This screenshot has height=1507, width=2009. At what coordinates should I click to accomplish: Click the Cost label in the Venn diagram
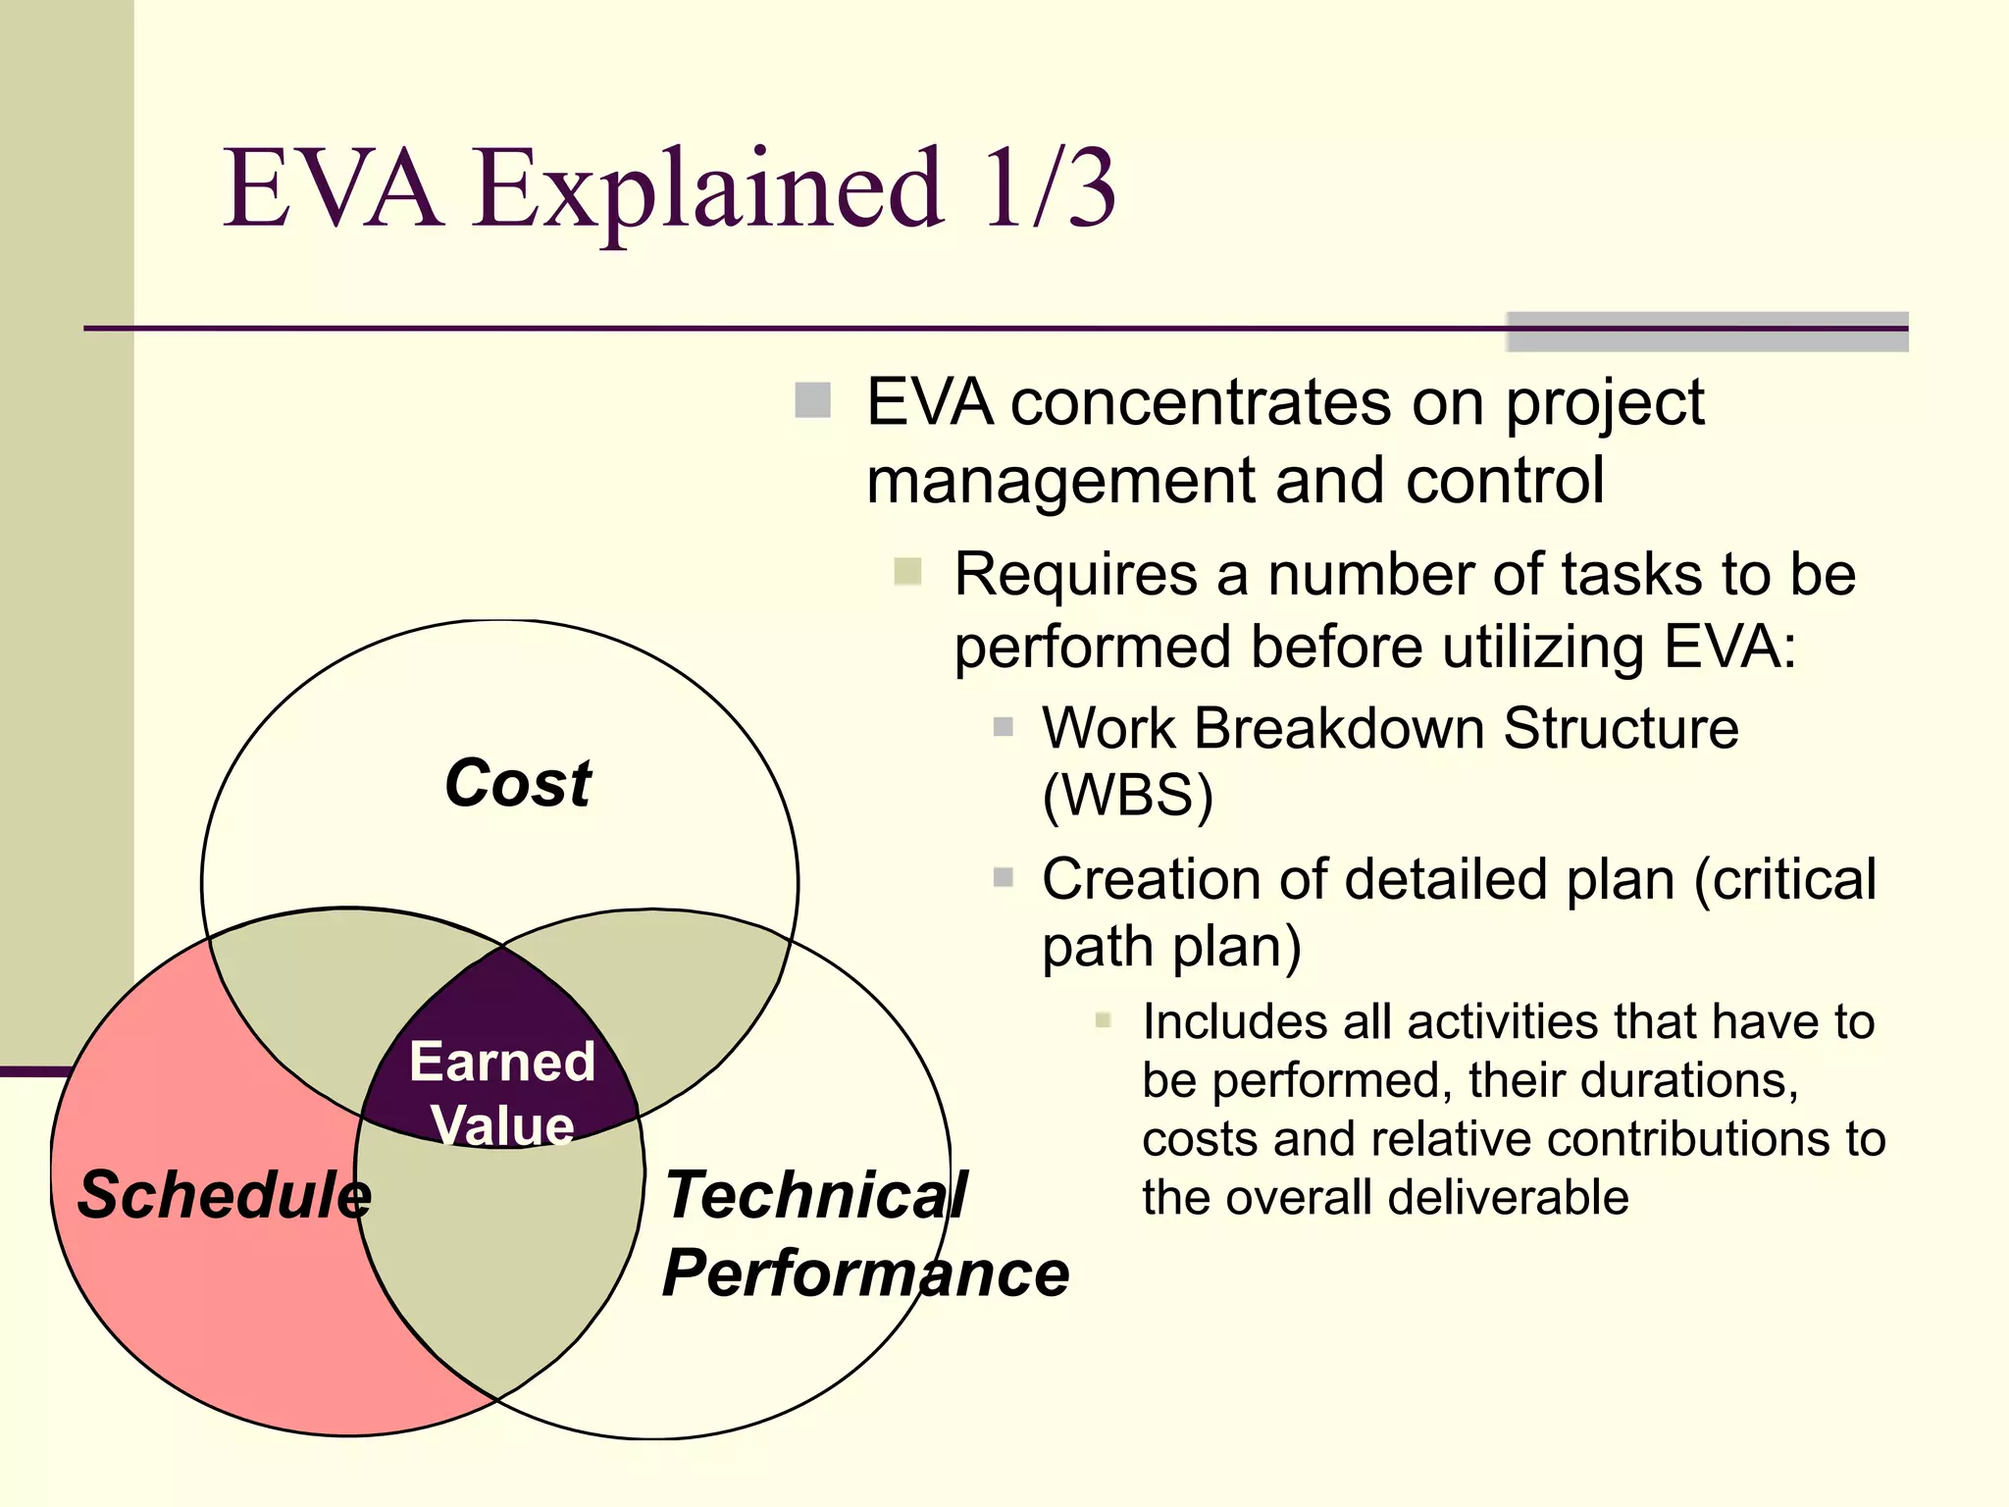[518, 784]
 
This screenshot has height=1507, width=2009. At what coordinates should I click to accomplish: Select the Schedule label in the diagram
[225, 1195]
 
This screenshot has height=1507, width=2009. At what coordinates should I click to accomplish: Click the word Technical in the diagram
[815, 1195]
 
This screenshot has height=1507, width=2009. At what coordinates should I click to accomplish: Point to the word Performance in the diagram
[865, 1273]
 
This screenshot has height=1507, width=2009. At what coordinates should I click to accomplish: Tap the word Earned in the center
[502, 1062]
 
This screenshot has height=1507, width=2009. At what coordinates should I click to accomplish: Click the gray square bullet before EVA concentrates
[813, 400]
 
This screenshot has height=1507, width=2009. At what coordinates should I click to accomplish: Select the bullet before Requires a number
[907, 571]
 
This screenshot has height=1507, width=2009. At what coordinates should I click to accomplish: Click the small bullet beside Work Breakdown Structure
[1003, 727]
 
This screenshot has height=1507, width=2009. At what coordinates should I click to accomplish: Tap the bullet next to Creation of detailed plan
[1003, 877]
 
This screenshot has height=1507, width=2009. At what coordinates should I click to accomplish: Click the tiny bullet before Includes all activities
[1103, 1020]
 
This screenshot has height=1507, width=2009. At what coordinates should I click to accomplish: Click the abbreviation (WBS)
[1127, 795]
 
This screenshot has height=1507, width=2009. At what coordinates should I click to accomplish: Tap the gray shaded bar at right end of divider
[1707, 332]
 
